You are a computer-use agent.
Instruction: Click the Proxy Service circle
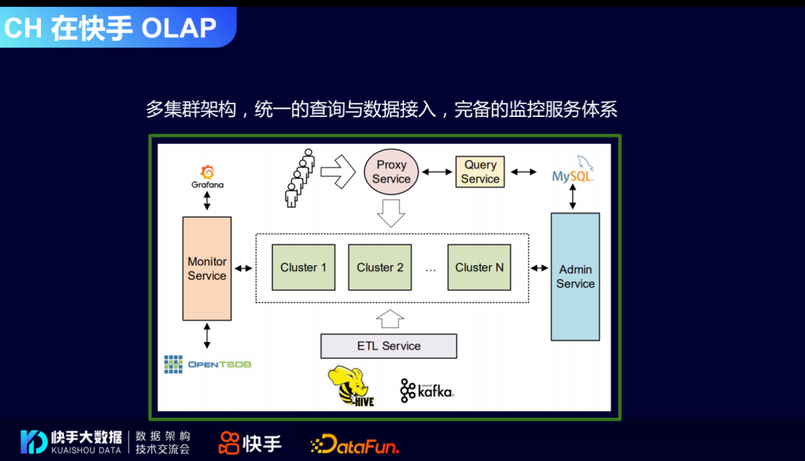(391, 172)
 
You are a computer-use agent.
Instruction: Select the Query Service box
(480, 172)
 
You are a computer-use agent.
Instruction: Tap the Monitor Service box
(207, 268)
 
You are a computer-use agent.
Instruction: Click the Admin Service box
(575, 276)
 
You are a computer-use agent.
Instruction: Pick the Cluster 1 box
(303, 267)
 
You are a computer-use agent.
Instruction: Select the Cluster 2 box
(379, 267)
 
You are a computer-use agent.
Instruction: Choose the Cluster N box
(479, 267)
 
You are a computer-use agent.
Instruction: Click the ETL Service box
(388, 346)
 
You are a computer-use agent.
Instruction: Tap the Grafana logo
(207, 177)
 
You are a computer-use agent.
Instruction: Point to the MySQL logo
(572, 171)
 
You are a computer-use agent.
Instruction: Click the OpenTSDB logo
(207, 364)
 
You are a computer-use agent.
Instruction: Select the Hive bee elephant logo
(351, 386)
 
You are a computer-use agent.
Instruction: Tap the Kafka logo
(427, 390)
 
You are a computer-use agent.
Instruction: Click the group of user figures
(299, 177)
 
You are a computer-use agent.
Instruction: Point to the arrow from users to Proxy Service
(338, 172)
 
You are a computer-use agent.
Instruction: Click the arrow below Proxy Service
(391, 212)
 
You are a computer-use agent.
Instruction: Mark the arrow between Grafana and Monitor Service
(207, 200)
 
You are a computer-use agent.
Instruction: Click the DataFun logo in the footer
(355, 444)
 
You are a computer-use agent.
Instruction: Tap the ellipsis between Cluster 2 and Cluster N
(430, 270)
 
